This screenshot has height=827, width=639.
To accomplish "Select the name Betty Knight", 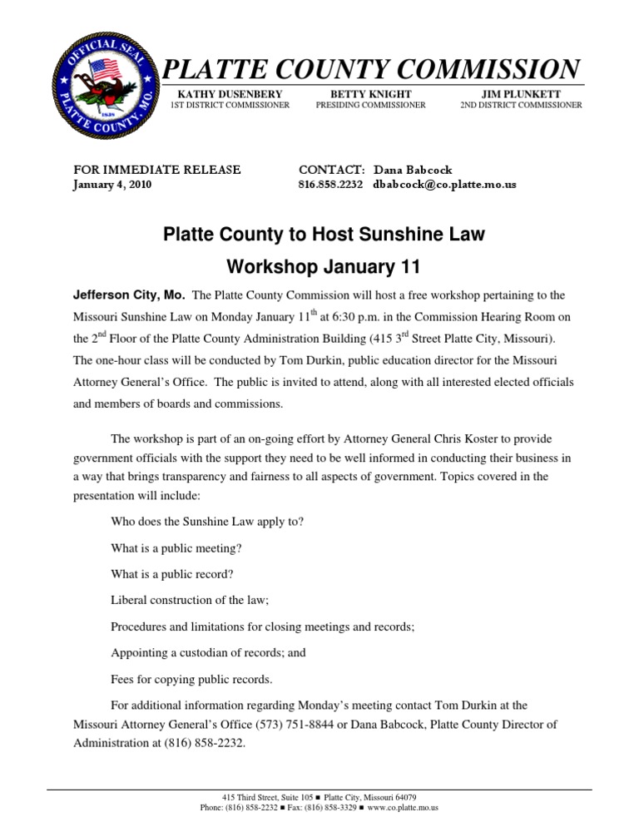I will (369, 95).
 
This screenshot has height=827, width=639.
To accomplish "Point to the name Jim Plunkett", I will (521, 95).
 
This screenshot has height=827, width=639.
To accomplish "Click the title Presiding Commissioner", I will (369, 106).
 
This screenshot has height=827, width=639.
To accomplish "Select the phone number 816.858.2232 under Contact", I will (330, 185).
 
